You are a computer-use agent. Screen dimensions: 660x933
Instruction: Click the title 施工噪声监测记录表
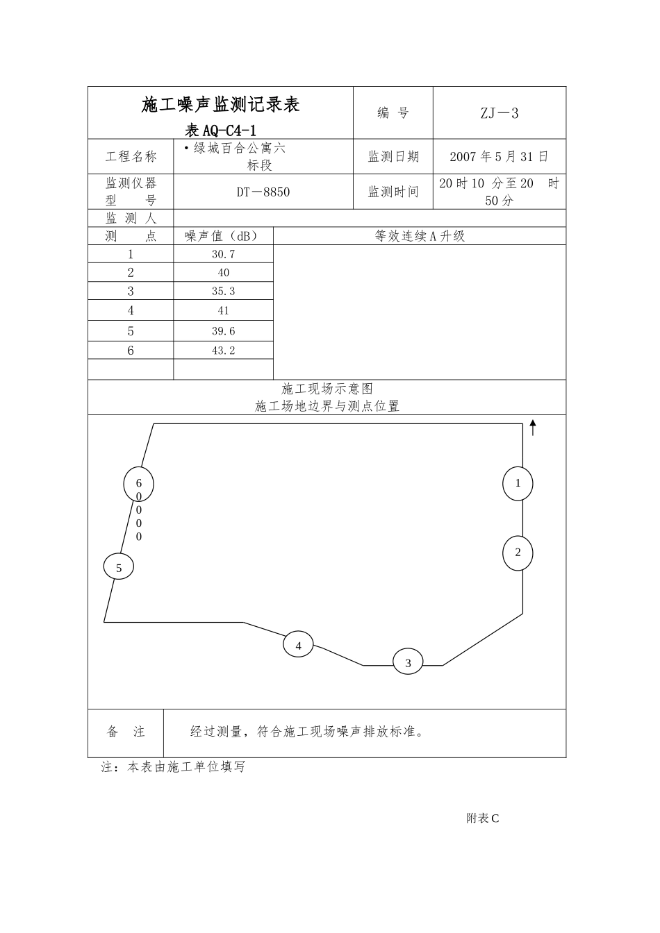(x=220, y=105)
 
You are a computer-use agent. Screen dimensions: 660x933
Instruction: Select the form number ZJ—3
(x=500, y=113)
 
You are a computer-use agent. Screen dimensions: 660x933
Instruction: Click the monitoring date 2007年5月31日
(x=499, y=157)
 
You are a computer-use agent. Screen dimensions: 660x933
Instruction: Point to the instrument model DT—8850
(x=263, y=192)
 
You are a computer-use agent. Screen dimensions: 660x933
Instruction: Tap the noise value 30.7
(x=223, y=254)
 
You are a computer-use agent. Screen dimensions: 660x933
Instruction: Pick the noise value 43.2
(x=223, y=351)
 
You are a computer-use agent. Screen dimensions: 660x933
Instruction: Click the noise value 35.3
(x=223, y=292)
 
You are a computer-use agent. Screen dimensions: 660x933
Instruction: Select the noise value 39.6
(x=223, y=331)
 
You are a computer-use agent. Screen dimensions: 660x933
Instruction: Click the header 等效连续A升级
(x=420, y=236)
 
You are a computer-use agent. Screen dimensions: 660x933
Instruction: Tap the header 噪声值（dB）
(x=222, y=236)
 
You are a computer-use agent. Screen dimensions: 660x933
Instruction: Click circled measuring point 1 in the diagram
(x=518, y=483)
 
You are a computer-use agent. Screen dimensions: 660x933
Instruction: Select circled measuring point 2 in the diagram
(x=518, y=553)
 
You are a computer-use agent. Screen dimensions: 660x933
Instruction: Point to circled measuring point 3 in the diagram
(x=408, y=663)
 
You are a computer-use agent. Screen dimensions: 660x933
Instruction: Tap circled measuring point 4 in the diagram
(x=298, y=646)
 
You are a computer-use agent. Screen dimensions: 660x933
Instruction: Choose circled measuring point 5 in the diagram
(x=119, y=568)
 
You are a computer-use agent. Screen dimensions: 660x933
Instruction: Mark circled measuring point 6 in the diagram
(x=138, y=484)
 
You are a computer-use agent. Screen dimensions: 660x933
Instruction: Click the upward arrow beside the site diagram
(x=533, y=428)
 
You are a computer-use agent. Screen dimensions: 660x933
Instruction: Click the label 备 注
(x=126, y=732)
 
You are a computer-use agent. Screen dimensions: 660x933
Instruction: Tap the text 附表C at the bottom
(x=482, y=818)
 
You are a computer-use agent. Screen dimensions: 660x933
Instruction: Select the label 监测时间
(x=393, y=192)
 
